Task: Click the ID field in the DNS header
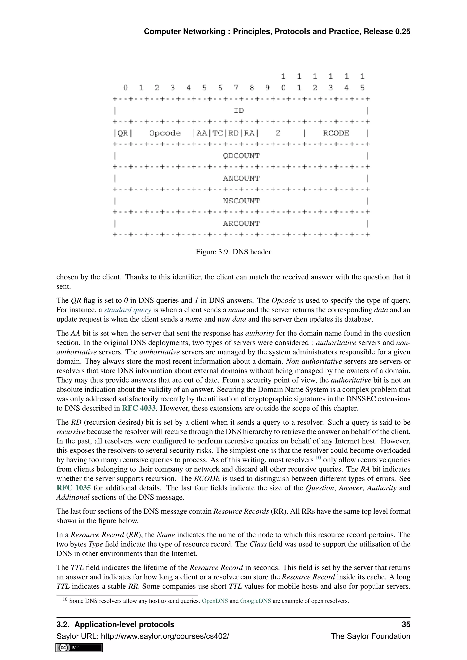coord(239,110)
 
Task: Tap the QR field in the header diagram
coord(123,133)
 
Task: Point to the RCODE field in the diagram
coord(336,133)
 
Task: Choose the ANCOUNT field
coord(241,178)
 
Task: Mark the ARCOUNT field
coord(241,223)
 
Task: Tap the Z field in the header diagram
coord(278,133)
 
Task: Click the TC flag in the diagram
coord(217,133)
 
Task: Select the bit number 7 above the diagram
coord(236,88)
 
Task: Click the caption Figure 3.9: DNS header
coord(233,252)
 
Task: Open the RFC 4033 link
coord(139,408)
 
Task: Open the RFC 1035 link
coord(74,488)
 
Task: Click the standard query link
coord(127,310)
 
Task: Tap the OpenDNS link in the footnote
coord(215,601)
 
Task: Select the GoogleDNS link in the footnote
coord(255,601)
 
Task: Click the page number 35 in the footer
coord(406,624)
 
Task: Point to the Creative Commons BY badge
coord(79,647)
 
